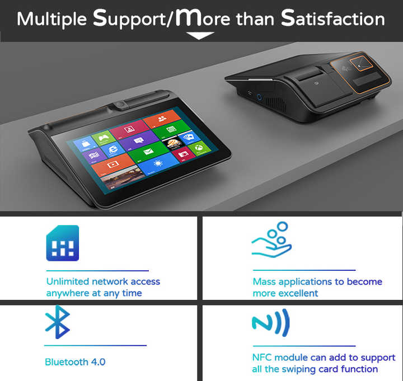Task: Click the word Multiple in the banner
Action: click(x=51, y=19)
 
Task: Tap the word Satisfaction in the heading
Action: click(x=333, y=19)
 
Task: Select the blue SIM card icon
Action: click(x=62, y=243)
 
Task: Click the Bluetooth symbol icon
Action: click(x=57, y=322)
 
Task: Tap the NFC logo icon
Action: click(x=270, y=323)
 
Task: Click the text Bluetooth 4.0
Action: click(x=75, y=362)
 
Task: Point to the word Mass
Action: click(x=264, y=281)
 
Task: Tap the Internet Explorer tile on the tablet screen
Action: click(x=114, y=149)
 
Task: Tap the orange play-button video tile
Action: click(x=112, y=165)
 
